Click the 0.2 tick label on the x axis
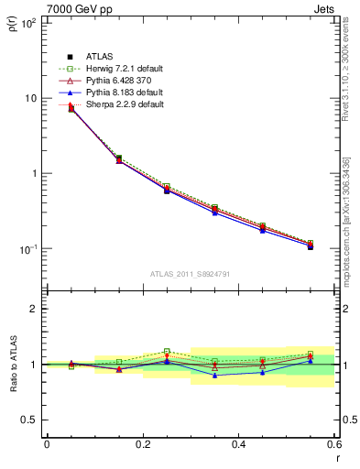tap(142, 443)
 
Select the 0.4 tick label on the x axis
tap(238, 443)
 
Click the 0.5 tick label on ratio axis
tap(29, 420)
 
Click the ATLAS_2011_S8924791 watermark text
tap(190, 274)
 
